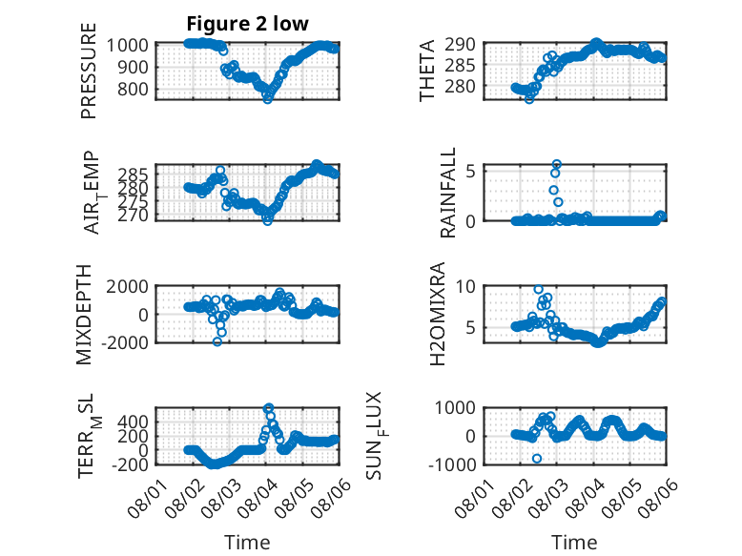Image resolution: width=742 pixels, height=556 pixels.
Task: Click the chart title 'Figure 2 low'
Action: (x=247, y=24)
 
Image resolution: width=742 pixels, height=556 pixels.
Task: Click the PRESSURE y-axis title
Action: (x=89, y=71)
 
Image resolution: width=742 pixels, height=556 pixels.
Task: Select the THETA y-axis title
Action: (x=427, y=71)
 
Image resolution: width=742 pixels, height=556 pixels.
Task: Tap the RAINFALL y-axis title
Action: (x=447, y=192)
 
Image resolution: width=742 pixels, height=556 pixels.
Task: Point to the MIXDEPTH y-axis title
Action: (x=84, y=314)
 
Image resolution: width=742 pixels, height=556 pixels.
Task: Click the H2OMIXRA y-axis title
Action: (x=437, y=314)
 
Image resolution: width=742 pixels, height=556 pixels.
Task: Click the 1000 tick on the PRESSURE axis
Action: (x=127, y=46)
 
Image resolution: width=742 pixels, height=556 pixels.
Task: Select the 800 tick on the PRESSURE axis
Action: (x=133, y=89)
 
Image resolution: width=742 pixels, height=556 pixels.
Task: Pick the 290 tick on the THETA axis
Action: (x=460, y=45)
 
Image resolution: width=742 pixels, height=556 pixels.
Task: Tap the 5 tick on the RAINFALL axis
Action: (x=470, y=171)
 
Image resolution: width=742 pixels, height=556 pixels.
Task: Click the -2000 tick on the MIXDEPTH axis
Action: (x=125, y=342)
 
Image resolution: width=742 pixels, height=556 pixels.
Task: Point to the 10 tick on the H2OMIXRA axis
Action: (x=465, y=286)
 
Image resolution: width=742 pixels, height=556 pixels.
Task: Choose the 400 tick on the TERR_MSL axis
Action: (x=133, y=422)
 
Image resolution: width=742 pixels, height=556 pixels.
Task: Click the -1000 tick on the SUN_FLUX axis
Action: (x=452, y=464)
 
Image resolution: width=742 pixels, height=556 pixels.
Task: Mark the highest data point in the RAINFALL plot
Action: (x=557, y=165)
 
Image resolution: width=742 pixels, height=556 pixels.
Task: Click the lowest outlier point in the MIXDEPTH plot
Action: (x=217, y=341)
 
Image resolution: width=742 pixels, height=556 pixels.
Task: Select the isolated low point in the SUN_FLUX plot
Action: (x=537, y=459)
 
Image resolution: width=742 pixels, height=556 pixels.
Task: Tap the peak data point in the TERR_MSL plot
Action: (x=268, y=408)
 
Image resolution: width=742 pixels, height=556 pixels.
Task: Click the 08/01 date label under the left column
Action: (x=147, y=498)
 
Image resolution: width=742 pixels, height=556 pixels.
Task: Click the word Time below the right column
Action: (x=574, y=542)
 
